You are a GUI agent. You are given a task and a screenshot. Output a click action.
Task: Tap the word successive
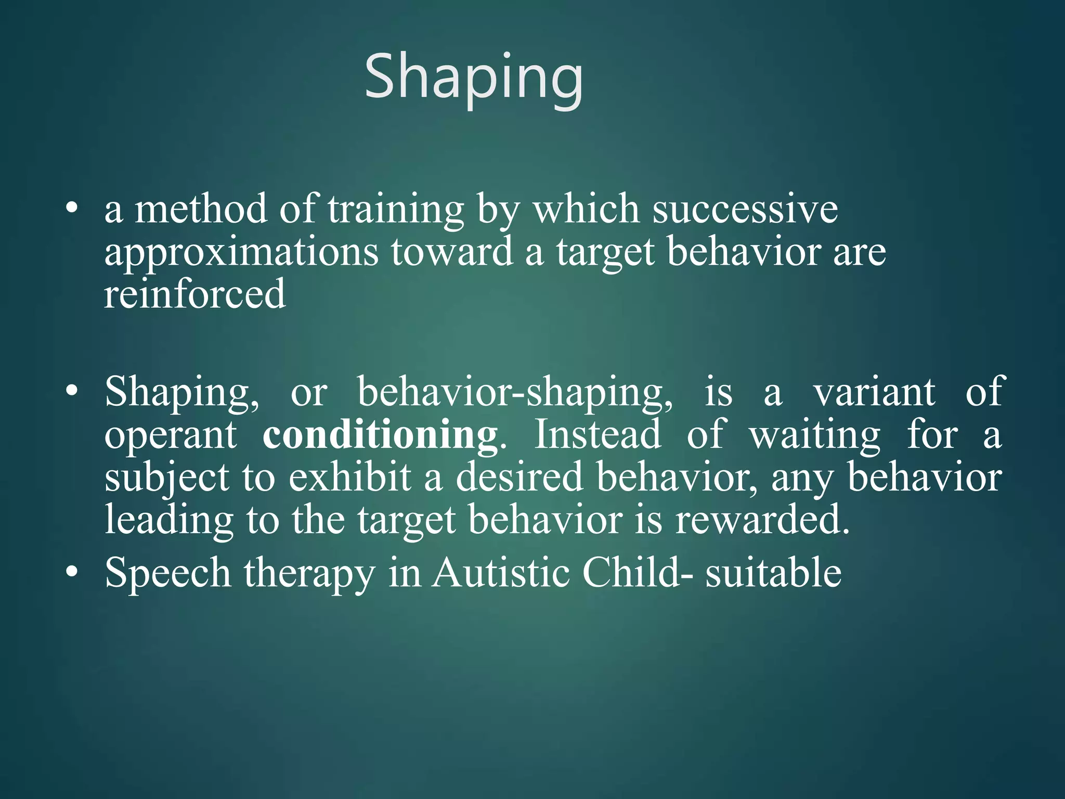745,209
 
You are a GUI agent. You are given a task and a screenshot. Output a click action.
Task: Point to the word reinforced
195,294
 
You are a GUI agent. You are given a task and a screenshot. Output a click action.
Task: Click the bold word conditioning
380,435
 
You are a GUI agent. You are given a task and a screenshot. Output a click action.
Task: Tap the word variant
874,392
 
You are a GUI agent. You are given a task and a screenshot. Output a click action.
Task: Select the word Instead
598,434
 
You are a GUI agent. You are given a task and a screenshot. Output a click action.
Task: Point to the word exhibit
349,478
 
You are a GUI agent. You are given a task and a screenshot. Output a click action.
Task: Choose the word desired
519,478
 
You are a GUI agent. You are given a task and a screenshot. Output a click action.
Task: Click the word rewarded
762,520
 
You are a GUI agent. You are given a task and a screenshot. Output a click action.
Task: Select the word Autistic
501,572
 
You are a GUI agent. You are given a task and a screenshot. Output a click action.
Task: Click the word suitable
773,572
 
